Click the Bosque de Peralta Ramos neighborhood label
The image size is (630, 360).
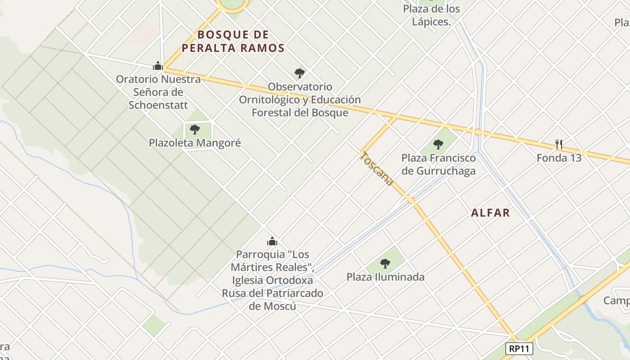tap(240, 41)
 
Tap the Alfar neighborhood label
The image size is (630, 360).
tap(490, 213)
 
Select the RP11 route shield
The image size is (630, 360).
tap(519, 348)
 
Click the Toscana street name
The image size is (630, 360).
tap(377, 169)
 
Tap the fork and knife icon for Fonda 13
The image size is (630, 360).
tap(559, 144)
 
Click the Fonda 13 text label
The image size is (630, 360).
tap(559, 158)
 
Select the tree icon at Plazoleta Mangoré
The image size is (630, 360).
tap(195, 130)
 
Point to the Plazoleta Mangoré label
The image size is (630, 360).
tap(195, 143)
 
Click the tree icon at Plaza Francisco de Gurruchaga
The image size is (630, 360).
tap(438, 144)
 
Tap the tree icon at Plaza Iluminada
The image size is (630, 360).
tap(385, 263)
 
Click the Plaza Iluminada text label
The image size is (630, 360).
tap(385, 277)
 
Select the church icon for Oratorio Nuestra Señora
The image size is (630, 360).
tap(157, 66)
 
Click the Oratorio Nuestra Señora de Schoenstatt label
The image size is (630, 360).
tap(158, 92)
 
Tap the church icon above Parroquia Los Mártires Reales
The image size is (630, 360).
tap(272, 241)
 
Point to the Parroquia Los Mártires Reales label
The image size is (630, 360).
tap(272, 280)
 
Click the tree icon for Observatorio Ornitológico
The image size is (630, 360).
tap(299, 73)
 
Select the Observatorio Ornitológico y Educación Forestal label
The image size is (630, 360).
tap(300, 99)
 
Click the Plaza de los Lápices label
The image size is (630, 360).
tap(431, 15)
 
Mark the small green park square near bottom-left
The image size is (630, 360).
tap(154, 325)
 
